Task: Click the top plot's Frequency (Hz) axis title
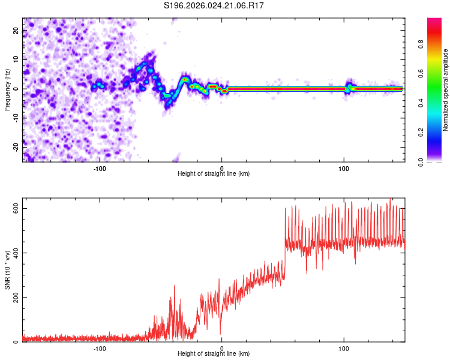pos(7,89)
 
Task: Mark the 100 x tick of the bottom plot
pos(344,348)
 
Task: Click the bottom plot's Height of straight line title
pos(214,355)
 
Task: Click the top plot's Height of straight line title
pos(214,174)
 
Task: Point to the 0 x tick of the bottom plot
pos(222,348)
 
